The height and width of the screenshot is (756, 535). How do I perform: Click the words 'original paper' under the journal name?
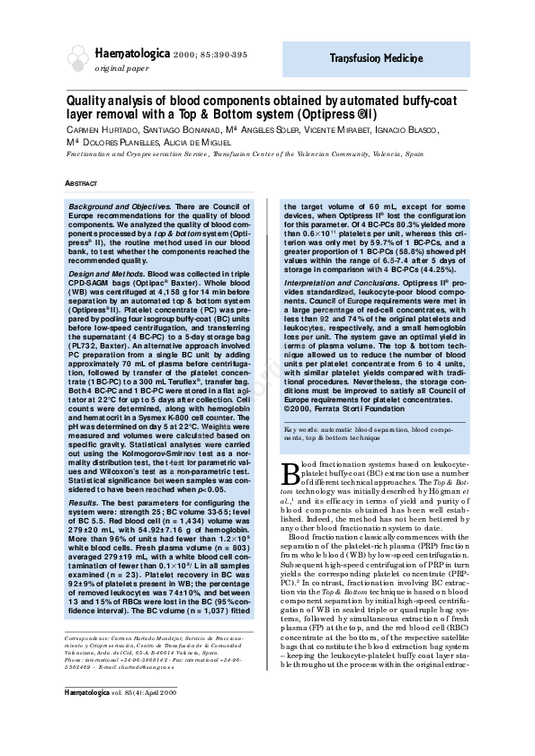122,69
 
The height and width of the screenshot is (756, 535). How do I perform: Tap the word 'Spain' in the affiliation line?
409,154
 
